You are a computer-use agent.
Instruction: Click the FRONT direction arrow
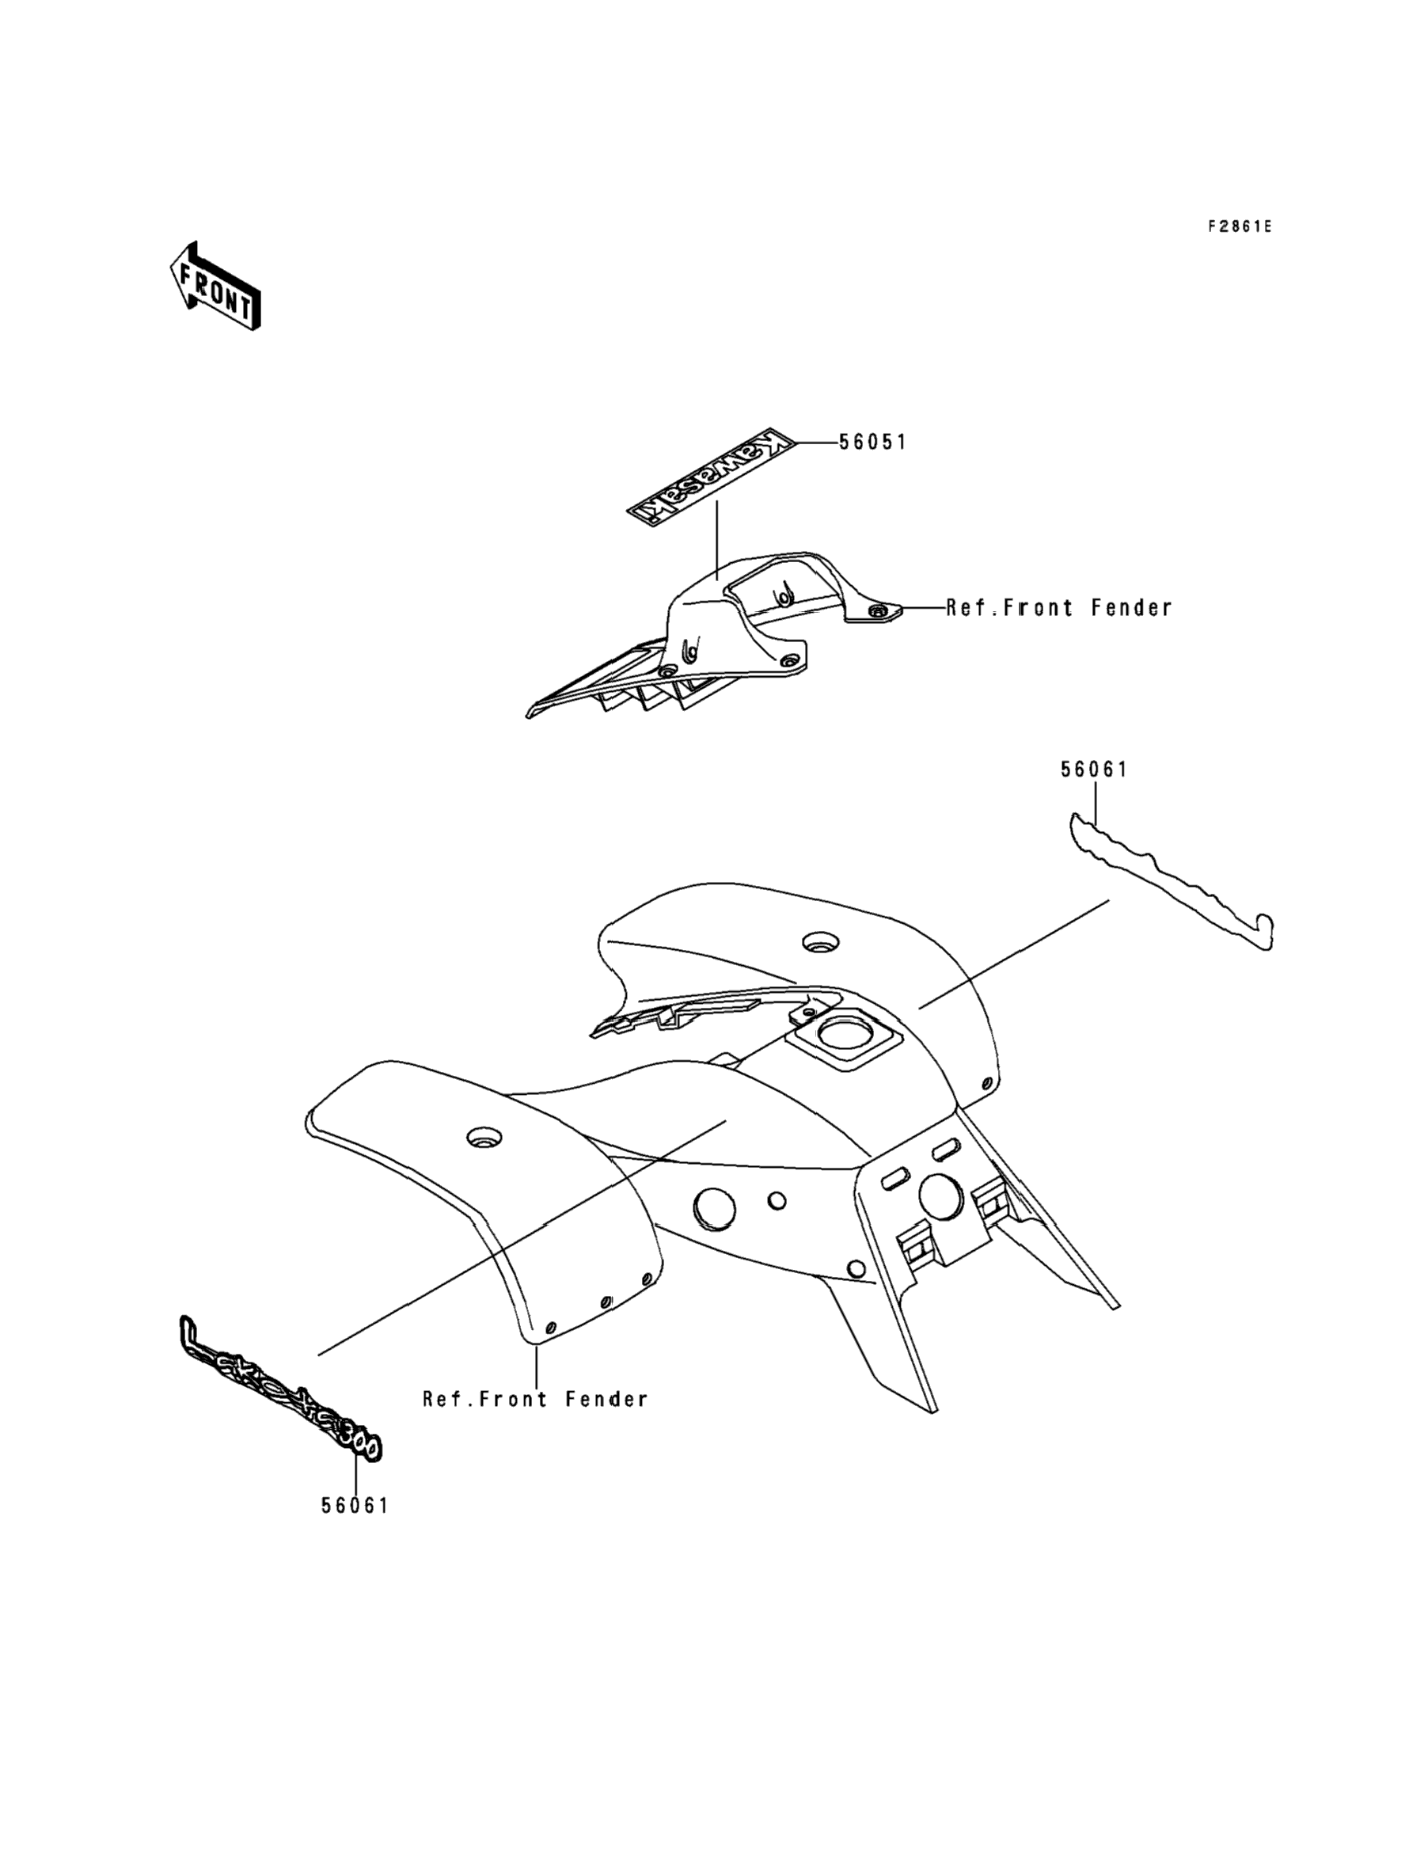coord(216,287)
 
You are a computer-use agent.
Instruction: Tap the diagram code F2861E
coord(1240,226)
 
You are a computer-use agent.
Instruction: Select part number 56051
coord(872,442)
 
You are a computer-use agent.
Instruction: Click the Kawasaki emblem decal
coord(711,475)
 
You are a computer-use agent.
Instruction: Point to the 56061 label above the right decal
coord(1093,770)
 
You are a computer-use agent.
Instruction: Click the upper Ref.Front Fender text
coord(1059,608)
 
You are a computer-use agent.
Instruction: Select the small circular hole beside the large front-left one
coord(775,1201)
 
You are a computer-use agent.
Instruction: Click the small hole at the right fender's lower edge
coord(987,1083)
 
